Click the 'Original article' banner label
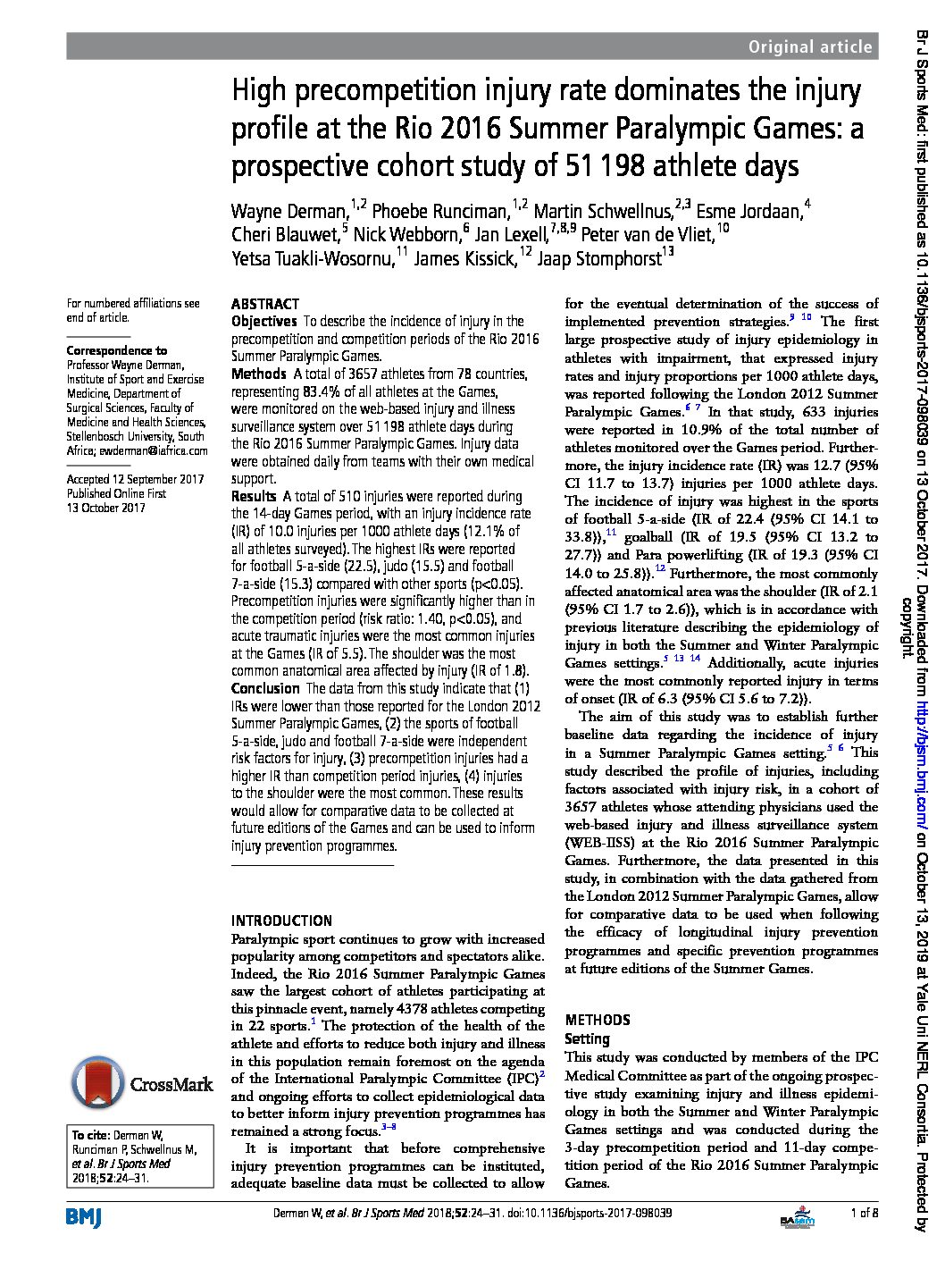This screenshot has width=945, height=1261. (809, 47)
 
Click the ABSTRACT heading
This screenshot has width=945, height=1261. (264, 304)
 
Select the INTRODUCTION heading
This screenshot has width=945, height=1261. (281, 921)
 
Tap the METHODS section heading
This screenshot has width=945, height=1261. (598, 1020)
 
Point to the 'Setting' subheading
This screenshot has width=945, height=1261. (587, 1038)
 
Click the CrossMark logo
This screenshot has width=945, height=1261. (142, 1084)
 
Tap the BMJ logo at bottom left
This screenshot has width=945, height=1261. (85, 1215)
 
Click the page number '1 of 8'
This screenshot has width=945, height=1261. (865, 1213)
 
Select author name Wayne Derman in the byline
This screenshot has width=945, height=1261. (289, 211)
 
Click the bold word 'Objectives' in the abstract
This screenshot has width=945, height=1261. (263, 321)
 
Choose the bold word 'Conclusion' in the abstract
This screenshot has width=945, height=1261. (265, 688)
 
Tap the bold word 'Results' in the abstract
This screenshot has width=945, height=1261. (254, 496)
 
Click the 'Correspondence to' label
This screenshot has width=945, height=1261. (116, 350)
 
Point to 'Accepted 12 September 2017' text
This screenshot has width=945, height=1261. (136, 479)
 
